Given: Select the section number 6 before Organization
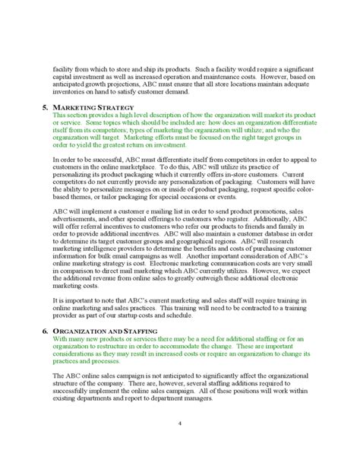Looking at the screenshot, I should pos(44,331).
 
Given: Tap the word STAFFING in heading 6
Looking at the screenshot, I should pos(135,331).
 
